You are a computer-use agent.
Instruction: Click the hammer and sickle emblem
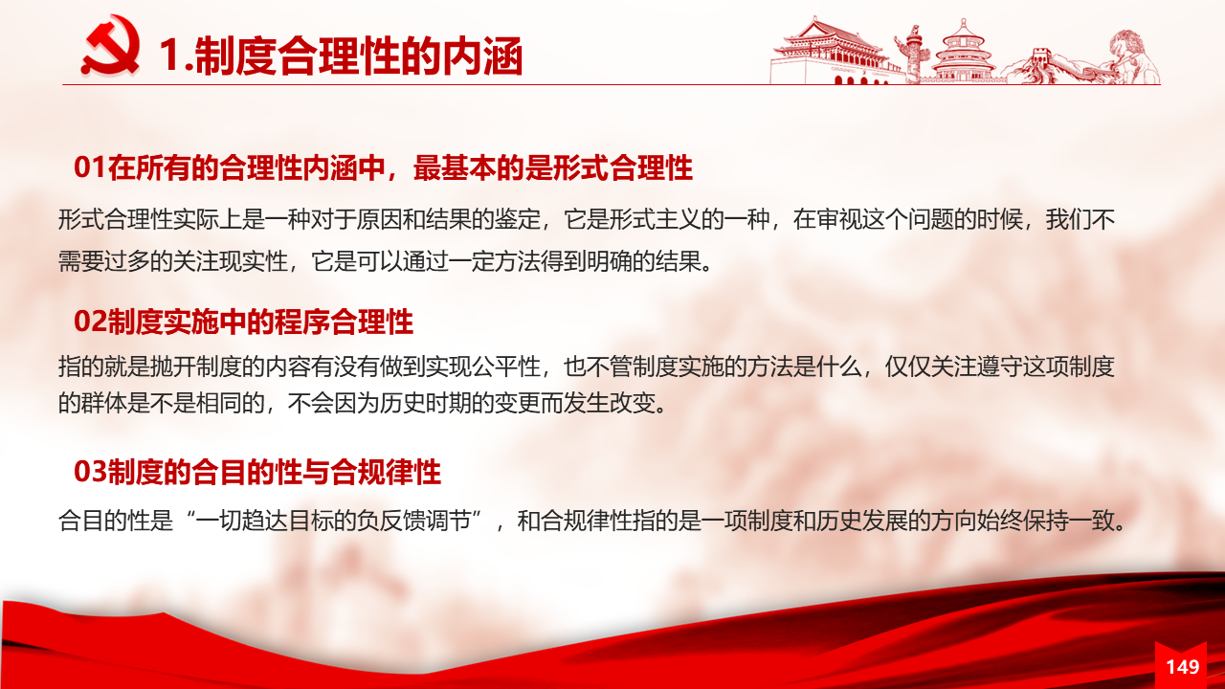click(x=110, y=46)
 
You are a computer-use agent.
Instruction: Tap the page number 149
click(x=1183, y=667)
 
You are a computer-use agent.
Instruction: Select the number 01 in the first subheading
click(x=90, y=167)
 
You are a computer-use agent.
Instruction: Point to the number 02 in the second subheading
click(x=90, y=322)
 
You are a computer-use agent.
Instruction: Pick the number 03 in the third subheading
click(x=90, y=472)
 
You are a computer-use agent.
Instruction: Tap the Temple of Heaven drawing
click(x=963, y=52)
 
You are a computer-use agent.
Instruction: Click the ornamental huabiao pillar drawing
click(x=912, y=55)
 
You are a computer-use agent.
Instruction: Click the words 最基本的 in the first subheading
click(x=469, y=167)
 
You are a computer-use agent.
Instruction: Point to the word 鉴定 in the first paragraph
click(x=518, y=220)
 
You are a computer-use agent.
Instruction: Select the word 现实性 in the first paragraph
click(x=254, y=261)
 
